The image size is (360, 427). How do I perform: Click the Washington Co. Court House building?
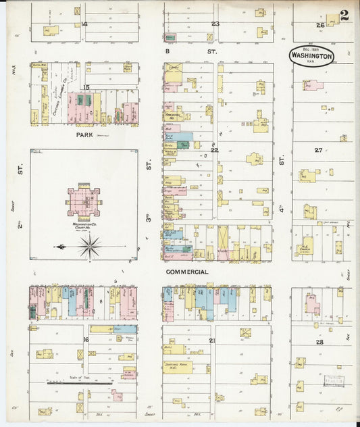tap(84, 201)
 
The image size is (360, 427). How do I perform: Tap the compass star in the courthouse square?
tap(89, 247)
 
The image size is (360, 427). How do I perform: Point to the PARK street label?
tap(84, 135)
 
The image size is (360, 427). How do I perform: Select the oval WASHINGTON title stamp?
tap(311, 56)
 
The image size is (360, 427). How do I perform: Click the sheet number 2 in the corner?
tap(344, 16)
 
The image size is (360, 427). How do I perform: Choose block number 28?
tap(319, 343)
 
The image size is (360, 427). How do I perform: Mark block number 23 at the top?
tap(215, 24)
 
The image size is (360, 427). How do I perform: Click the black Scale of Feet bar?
tap(79, 382)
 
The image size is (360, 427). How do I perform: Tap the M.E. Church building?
tap(305, 246)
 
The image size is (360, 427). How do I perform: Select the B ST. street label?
tap(191, 51)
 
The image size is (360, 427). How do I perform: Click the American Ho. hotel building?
tap(174, 116)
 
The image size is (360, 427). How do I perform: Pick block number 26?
tap(320, 25)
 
